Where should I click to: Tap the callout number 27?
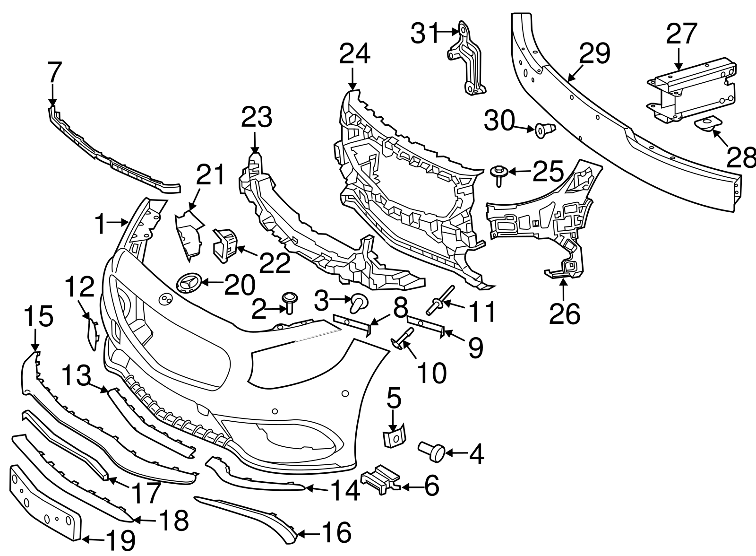point(682,34)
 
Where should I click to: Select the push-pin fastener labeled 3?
point(359,303)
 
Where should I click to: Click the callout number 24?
point(354,54)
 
